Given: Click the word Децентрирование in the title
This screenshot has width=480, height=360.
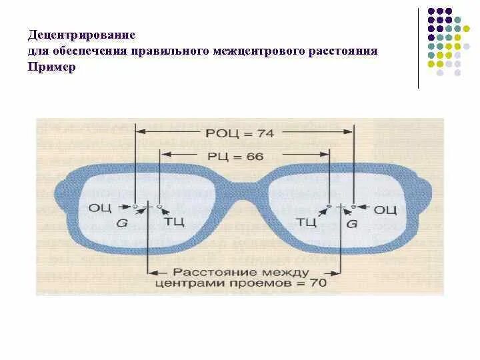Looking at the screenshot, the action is (82, 33).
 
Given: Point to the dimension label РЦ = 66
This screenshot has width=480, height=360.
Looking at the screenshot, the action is (245, 157).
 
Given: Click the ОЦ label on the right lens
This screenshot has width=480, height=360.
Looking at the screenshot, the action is (385, 209).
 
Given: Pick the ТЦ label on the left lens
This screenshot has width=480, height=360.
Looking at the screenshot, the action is (174, 220).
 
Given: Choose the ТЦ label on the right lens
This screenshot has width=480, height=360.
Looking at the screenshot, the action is (306, 221).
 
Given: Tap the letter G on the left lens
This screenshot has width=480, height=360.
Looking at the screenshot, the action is (122, 223).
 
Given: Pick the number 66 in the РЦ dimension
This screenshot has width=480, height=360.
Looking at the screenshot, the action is (255, 157).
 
